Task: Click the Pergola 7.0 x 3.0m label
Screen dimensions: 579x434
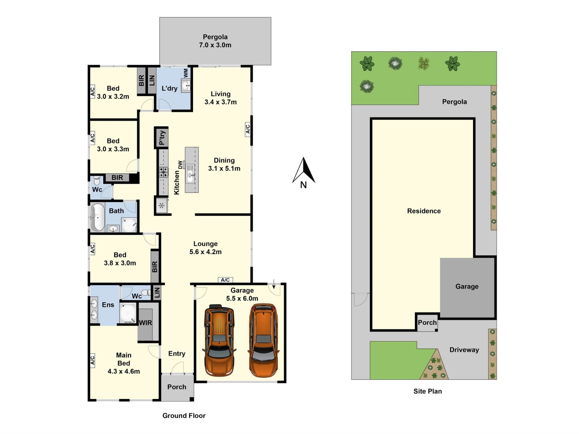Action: [x=215, y=41]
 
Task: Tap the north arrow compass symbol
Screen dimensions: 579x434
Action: [x=304, y=173]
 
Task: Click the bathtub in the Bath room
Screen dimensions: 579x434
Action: [x=97, y=217]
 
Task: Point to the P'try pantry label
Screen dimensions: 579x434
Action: [x=162, y=137]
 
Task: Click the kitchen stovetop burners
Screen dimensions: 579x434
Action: [x=164, y=172]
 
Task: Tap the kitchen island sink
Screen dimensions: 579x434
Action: [x=190, y=174]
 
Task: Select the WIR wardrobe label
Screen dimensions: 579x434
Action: [x=145, y=323]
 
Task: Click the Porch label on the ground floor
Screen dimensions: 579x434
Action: [x=177, y=387]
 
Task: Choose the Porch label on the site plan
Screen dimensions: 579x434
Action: [x=427, y=322]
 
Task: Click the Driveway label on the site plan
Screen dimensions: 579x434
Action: [x=464, y=350]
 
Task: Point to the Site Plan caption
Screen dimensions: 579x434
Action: [x=428, y=391]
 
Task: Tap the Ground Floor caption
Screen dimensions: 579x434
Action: [x=184, y=416]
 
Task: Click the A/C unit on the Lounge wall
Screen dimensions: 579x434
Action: [x=225, y=280]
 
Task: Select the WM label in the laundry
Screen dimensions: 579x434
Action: [x=186, y=73]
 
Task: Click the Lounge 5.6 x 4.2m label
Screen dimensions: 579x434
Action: [x=205, y=248]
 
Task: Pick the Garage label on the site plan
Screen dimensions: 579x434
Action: [x=467, y=287]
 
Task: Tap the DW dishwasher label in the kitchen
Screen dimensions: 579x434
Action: [x=180, y=165]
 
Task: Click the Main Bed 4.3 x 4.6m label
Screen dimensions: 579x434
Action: [x=124, y=363]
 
